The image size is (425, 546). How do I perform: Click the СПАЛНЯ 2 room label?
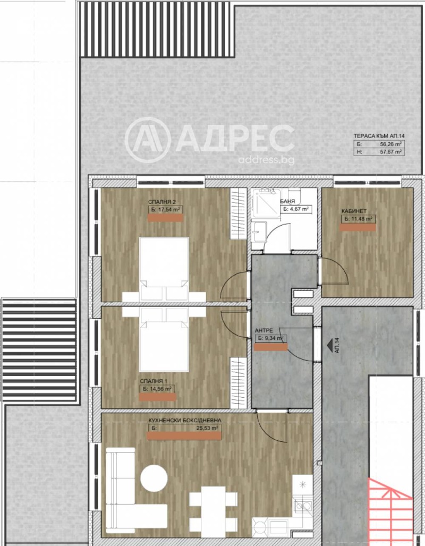(x=162, y=202)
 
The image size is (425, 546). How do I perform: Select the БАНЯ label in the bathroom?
(x=288, y=202)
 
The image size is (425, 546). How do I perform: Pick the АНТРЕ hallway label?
(x=265, y=329)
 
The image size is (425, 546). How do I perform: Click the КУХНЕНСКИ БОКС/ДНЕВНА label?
(x=185, y=420)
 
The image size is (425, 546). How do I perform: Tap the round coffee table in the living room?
(x=154, y=479)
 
